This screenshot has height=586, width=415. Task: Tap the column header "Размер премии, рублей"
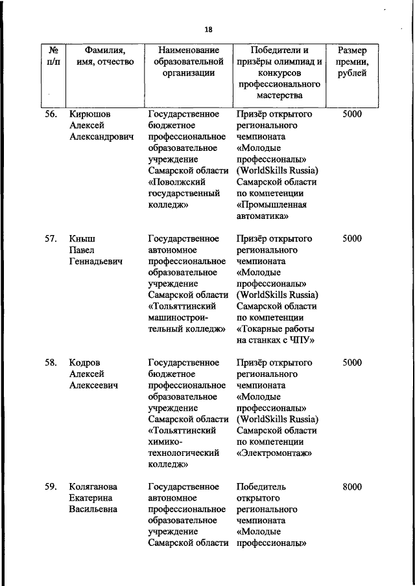point(351,62)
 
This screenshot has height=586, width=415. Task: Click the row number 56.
point(51,114)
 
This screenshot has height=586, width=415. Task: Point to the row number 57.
point(51,238)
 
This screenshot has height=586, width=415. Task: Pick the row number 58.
point(51,363)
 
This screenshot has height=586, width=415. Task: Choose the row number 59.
point(51,487)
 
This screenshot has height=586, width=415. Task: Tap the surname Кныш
point(82,238)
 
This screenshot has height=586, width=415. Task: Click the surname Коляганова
point(96,487)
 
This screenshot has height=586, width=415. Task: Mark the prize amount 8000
point(352,487)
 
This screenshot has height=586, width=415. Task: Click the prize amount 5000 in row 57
point(352,238)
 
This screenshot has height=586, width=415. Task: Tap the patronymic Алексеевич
point(93,386)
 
